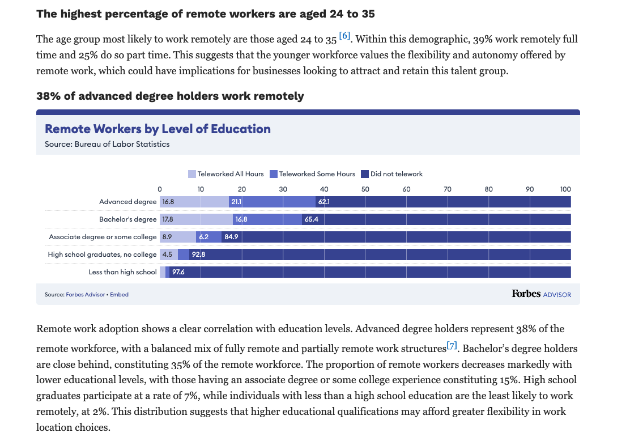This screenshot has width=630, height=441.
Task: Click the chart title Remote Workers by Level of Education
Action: click(x=157, y=129)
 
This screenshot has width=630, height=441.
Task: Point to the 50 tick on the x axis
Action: click(x=365, y=189)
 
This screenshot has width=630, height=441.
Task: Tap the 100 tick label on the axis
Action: click(x=565, y=189)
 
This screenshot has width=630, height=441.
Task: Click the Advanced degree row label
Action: click(x=127, y=202)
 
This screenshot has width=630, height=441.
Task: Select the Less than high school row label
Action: click(x=122, y=272)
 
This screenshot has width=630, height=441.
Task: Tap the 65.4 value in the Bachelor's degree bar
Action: click(x=311, y=219)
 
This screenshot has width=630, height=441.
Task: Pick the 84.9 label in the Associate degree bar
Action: click(x=231, y=237)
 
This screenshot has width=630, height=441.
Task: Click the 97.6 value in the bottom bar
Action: click(x=178, y=272)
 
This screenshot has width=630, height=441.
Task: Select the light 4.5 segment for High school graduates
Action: click(x=168, y=255)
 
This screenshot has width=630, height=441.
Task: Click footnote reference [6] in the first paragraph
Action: click(x=344, y=36)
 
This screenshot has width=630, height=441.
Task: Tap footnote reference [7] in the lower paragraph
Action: click(x=452, y=345)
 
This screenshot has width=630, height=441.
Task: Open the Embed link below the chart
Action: click(x=119, y=294)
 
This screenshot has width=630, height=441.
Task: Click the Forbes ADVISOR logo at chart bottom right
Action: click(x=541, y=294)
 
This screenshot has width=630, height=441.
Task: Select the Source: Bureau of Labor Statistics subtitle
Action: click(x=107, y=144)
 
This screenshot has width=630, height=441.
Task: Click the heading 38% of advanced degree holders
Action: click(x=170, y=96)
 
